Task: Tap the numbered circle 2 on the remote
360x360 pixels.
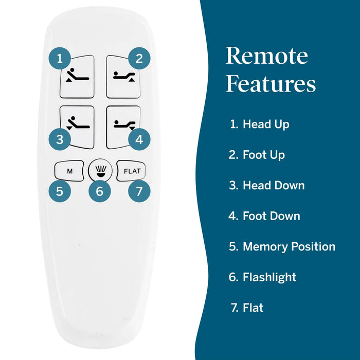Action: point(139,58)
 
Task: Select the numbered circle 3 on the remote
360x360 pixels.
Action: point(60,139)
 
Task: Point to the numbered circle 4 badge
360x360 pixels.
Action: point(139,139)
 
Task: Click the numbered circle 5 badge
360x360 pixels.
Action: point(60,191)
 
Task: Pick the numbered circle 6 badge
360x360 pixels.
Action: point(99,191)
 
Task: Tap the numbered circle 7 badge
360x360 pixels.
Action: point(139,191)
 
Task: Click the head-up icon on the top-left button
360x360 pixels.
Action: point(78,76)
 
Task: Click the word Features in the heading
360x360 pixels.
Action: point(271,83)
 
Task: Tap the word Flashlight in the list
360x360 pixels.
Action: point(269,277)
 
